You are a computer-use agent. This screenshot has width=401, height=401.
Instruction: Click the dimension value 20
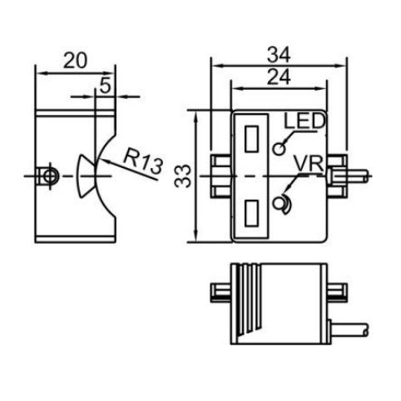(75, 61)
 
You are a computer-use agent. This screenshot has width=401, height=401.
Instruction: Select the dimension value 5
(105, 85)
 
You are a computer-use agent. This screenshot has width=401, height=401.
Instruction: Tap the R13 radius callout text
(142, 161)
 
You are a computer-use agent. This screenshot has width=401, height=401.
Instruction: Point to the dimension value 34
(279, 55)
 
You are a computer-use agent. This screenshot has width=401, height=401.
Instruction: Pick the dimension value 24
(279, 77)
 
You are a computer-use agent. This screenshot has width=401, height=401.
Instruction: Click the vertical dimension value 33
(183, 176)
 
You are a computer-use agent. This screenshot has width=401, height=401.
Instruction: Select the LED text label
(304, 121)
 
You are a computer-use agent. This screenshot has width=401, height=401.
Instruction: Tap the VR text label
(309, 164)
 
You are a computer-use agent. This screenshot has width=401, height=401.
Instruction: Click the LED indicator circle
(279, 149)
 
